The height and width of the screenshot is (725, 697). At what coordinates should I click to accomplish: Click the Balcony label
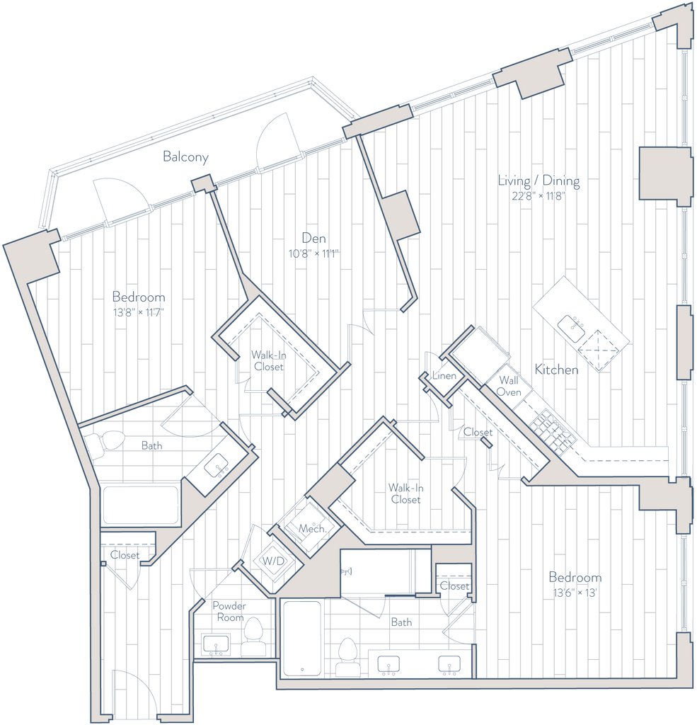pos(186,158)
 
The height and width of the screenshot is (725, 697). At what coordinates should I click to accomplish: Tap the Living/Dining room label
pos(539,182)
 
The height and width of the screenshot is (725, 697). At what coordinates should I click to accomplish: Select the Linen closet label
pos(444,375)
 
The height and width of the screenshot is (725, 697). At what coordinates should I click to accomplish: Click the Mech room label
pos(311,529)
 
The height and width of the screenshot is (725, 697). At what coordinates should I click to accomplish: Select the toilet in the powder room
pos(253,635)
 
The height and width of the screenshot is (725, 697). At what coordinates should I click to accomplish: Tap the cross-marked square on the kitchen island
pos(599,351)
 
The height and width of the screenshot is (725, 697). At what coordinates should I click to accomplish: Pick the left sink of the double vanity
pos(388,664)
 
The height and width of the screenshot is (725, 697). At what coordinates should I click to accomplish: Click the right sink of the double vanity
pos(447,664)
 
